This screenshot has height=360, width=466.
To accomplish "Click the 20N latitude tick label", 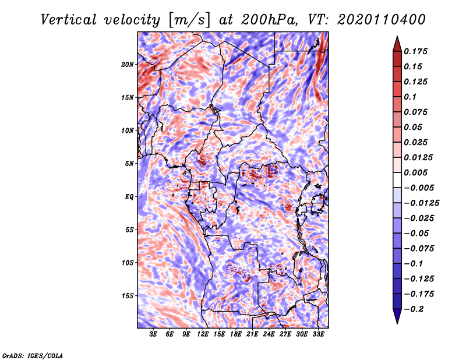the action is pyautogui.click(x=127, y=65).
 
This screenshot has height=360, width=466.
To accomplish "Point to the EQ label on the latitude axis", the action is pyautogui.click(x=129, y=197).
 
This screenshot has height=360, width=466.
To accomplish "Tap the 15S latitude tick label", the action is pyautogui.click(x=128, y=296).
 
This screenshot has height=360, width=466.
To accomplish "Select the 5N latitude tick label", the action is pyautogui.click(x=129, y=164).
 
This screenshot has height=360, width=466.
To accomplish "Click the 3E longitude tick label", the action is pyautogui.click(x=153, y=334).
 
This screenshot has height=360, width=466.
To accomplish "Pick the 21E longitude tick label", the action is pyautogui.click(x=252, y=334).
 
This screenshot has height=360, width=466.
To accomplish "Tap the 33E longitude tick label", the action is pyautogui.click(x=318, y=334).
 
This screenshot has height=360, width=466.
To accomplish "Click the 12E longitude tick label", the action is pyautogui.click(x=203, y=334).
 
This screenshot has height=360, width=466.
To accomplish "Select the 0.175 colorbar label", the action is pyautogui.click(x=415, y=51).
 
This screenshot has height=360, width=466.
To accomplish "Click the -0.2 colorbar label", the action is pyautogui.click(x=414, y=309).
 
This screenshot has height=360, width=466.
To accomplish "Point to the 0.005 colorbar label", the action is pyautogui.click(x=415, y=172).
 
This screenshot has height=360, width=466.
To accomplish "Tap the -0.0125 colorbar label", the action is pyautogui.click(x=421, y=203).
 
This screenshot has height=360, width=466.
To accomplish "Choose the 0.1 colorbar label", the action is pyautogui.click(x=410, y=97).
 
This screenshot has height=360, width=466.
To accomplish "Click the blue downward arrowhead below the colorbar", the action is pyautogui.click(x=397, y=316).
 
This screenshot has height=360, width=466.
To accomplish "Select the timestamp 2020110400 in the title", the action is pyautogui.click(x=382, y=20).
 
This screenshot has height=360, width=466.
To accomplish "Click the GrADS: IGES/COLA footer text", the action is pyautogui.click(x=33, y=355).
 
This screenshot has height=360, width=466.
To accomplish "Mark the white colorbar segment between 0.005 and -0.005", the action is pyautogui.click(x=397, y=180).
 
